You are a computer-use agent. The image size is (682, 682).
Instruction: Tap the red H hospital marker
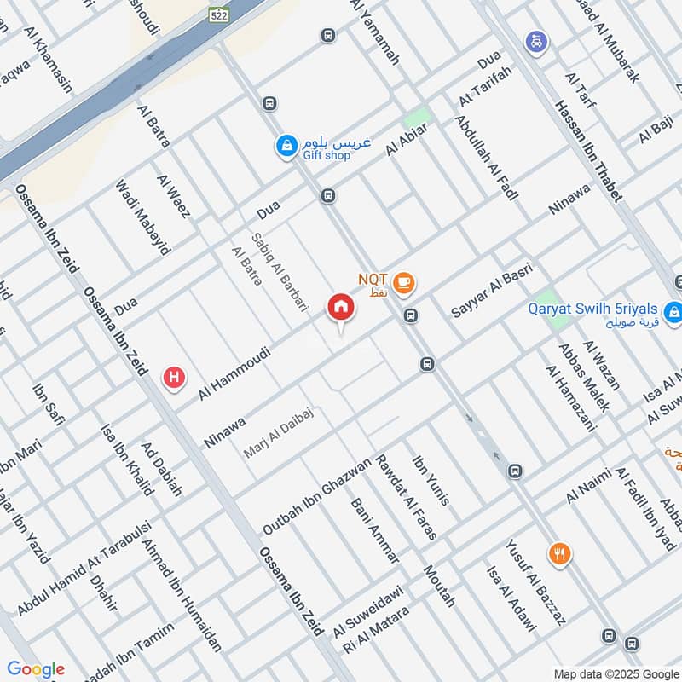pos(175,376)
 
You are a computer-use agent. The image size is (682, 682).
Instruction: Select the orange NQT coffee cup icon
pos(403,280)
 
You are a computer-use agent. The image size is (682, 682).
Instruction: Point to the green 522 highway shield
pos(219,14)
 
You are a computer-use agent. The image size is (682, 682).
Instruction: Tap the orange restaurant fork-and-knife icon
pos(559,554)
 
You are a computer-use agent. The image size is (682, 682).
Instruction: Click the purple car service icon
pos(535,41)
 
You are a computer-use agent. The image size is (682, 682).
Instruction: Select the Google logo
pos(36,669)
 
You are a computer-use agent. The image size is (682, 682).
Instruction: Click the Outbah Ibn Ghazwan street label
pos(316,497)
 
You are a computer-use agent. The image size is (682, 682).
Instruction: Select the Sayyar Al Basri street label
pos(492,291)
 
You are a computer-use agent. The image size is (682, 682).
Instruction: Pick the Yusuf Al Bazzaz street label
pos(535,582)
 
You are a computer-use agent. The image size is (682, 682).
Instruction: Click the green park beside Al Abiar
pos(416,118)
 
